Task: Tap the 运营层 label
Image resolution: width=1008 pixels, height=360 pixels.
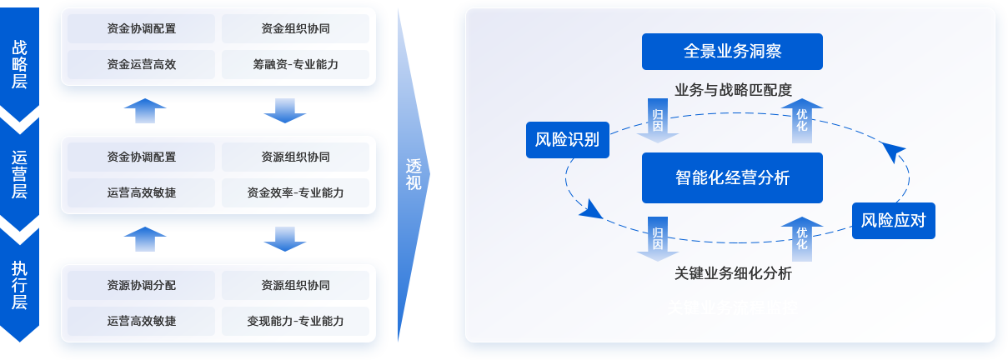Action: [x=20, y=174]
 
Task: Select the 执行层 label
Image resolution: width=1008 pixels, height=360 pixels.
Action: [x=20, y=285]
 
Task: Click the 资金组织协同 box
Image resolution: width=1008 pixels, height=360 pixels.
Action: [x=295, y=28]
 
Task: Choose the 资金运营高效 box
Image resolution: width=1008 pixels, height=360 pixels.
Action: [x=142, y=64]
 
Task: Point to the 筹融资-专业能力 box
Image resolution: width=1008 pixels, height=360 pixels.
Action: [x=295, y=64]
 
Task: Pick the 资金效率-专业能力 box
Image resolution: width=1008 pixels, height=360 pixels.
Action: [x=295, y=193]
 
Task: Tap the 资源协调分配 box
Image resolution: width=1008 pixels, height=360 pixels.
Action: [x=142, y=285]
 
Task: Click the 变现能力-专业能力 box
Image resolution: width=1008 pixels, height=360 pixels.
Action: [x=295, y=321]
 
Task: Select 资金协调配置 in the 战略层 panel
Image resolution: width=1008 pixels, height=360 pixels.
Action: [x=142, y=28]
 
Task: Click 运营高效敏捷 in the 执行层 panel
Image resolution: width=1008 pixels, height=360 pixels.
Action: [x=142, y=321]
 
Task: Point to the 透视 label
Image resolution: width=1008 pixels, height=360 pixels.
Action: [x=414, y=174]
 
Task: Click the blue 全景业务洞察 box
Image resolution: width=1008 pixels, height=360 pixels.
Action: [x=732, y=52]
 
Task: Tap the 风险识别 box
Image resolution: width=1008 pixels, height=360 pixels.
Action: [x=567, y=139]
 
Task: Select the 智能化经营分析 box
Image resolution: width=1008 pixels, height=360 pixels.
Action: [x=732, y=177]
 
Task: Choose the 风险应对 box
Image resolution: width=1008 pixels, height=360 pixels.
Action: [x=894, y=221]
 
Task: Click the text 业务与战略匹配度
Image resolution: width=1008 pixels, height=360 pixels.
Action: [x=732, y=89]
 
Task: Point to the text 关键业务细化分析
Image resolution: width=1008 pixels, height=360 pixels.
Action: [x=732, y=273]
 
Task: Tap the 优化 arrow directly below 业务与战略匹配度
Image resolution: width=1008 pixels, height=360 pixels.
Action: [x=802, y=121]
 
